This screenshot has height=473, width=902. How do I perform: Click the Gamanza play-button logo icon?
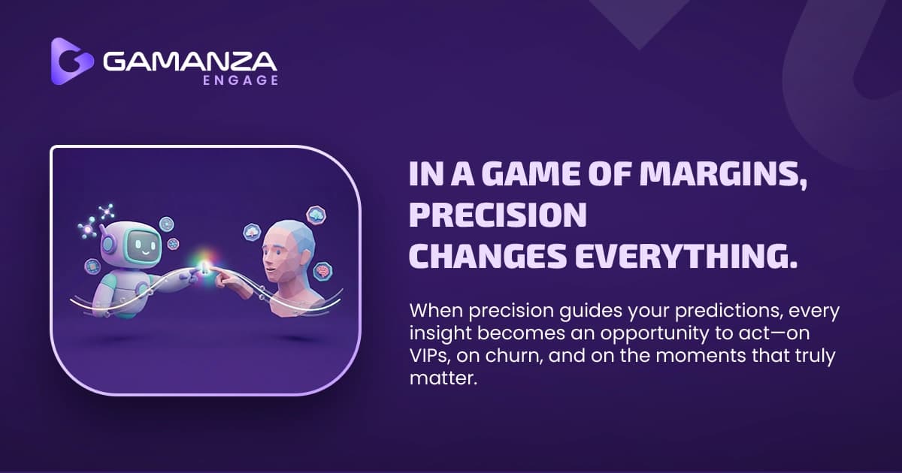pos(71,61)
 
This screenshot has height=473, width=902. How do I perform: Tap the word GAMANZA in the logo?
pos(190,61)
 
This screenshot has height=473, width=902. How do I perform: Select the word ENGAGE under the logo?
pos(241,80)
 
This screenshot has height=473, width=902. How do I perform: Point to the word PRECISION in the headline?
pos(497,216)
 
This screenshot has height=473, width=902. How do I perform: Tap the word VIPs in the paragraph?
pos(431,356)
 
